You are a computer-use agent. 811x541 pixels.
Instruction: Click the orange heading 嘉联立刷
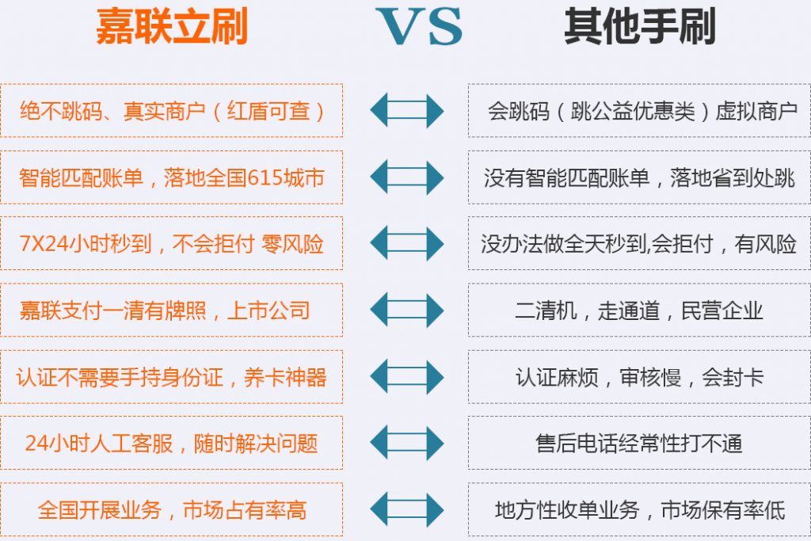click(x=172, y=26)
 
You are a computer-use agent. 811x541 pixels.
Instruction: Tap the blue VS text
click(x=420, y=27)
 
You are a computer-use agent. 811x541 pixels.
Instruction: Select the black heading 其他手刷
click(x=640, y=26)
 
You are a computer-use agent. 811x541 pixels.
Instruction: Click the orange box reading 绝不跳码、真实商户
click(x=171, y=111)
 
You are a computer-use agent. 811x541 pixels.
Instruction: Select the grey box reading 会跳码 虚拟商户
click(x=639, y=111)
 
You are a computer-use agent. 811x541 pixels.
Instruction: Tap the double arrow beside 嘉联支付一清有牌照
click(x=407, y=311)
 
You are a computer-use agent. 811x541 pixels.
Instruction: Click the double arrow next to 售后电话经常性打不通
click(x=407, y=444)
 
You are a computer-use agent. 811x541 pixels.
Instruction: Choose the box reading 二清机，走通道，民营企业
click(x=639, y=311)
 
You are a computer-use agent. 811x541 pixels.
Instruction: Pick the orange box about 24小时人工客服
click(x=171, y=444)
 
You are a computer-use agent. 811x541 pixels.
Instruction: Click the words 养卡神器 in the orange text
click(x=285, y=377)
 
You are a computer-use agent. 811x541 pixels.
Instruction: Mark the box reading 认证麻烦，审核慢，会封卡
click(x=639, y=377)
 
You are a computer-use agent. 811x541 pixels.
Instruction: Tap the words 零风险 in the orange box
click(x=292, y=244)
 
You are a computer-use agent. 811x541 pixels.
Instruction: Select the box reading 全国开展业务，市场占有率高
click(x=171, y=509)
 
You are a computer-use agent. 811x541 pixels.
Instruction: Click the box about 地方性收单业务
click(x=639, y=509)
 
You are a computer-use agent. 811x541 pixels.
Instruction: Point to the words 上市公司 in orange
click(x=268, y=311)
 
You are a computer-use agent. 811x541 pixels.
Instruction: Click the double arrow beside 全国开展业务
click(x=407, y=509)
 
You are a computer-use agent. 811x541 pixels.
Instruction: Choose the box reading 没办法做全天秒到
click(x=639, y=244)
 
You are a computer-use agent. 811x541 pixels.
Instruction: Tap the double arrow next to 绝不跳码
click(x=407, y=111)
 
